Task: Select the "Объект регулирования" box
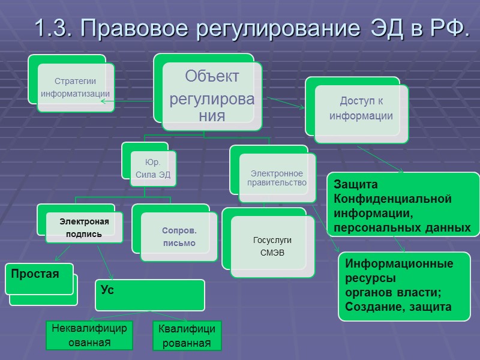(212, 95)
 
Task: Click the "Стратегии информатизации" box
(75, 88)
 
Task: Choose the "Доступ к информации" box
(361, 109)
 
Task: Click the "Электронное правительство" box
(278, 178)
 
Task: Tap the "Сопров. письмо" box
(179, 237)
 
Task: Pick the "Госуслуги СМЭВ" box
(272, 246)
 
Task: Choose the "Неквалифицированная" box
(89, 335)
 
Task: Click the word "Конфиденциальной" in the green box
(392, 199)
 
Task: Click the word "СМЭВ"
(272, 252)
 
